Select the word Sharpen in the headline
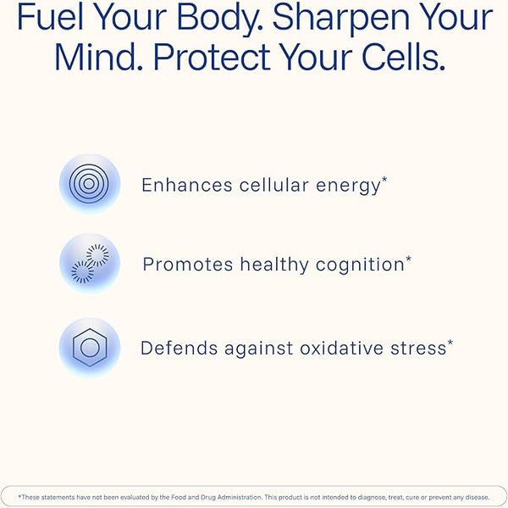(340, 20)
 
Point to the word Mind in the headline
(98, 57)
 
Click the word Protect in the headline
(212, 57)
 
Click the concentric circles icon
(89, 184)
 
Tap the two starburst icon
(90, 263)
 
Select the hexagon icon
(90, 348)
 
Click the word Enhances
(187, 185)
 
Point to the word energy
(348, 187)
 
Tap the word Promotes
(188, 265)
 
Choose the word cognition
(360, 265)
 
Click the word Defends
(179, 349)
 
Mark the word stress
(418, 349)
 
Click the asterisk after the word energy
(384, 180)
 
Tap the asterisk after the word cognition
(409, 259)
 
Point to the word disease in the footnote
(478, 497)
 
